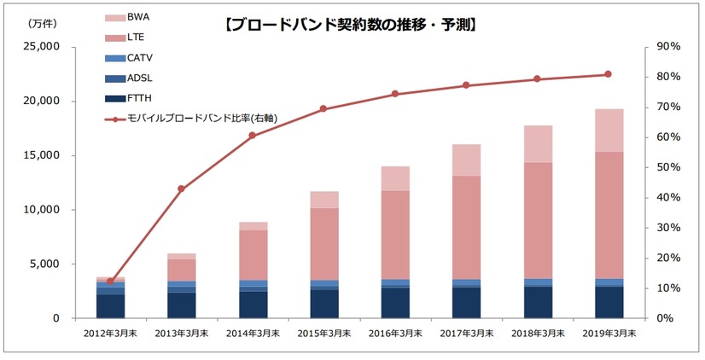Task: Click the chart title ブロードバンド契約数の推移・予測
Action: coord(350,25)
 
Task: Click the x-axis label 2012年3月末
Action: coord(111,334)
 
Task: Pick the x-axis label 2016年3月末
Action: coord(395,334)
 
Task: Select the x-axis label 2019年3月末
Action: coord(608,334)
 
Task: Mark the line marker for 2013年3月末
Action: coord(181,189)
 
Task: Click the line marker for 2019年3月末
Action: coord(608,74)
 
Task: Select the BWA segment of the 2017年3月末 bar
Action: coord(466,160)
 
